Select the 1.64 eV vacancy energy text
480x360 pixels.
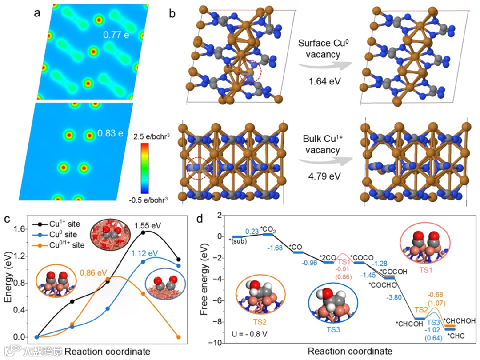tap(319, 83)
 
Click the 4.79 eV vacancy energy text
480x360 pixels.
tap(319, 176)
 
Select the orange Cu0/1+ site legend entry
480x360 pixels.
tap(62, 244)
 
